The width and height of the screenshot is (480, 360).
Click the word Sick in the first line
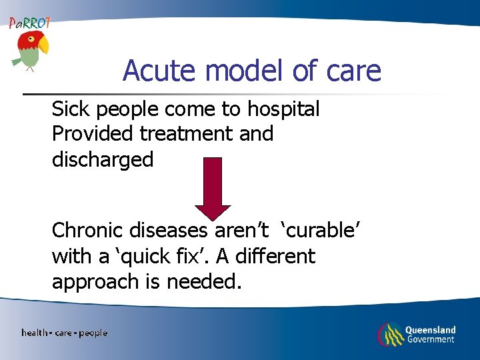[69, 108]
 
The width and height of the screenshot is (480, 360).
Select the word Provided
[93, 134]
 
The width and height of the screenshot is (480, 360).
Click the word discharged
[103, 160]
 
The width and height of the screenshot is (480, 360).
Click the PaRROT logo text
[29, 23]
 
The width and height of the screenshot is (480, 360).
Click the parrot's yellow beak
[43, 45]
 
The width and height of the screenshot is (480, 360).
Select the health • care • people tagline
[64, 333]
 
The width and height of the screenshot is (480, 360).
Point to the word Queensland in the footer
[430, 329]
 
